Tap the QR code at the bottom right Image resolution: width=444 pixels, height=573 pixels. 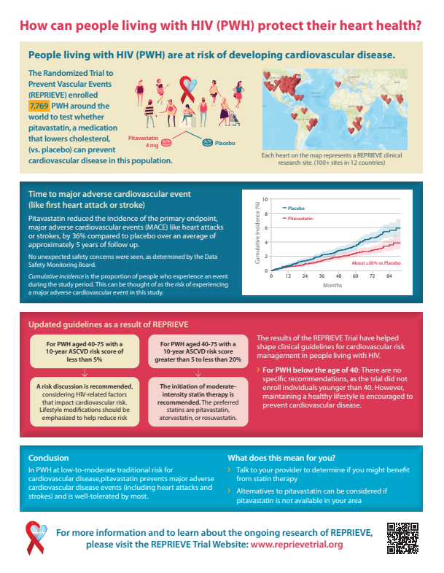(x=402, y=538)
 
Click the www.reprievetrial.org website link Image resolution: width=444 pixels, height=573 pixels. (x=297, y=545)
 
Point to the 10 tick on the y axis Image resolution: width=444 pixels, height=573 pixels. (x=265, y=199)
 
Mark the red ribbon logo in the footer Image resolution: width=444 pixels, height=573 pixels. (x=36, y=537)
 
